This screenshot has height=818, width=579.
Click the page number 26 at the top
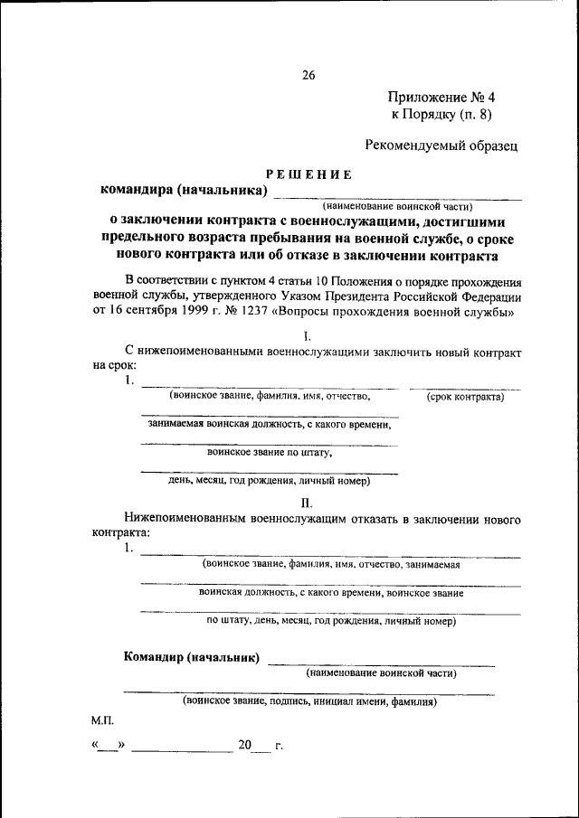click(x=308, y=76)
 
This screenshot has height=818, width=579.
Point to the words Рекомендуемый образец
click(x=441, y=144)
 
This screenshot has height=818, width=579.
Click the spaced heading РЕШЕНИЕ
click(x=308, y=174)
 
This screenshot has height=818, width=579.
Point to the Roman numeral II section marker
click(x=308, y=503)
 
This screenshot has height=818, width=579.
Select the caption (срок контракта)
click(x=465, y=396)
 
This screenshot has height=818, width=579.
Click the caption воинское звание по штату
click(x=269, y=452)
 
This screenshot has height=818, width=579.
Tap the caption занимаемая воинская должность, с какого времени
click(x=269, y=424)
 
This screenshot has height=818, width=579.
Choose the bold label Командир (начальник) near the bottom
click(x=191, y=657)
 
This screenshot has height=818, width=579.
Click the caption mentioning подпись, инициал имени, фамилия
click(x=309, y=700)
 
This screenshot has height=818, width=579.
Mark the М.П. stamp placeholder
click(x=102, y=721)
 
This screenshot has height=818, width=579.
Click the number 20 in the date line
click(x=245, y=746)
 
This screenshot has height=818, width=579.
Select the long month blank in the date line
click(x=182, y=748)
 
